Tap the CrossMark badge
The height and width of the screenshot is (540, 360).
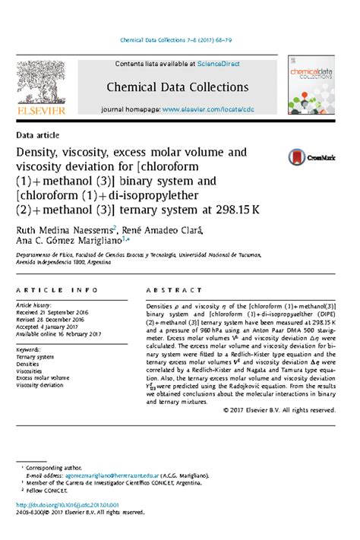[310, 157]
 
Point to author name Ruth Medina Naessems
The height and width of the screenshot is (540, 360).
[65, 229]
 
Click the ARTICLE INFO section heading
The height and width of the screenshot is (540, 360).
[57, 291]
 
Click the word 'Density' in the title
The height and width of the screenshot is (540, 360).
[40, 153]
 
